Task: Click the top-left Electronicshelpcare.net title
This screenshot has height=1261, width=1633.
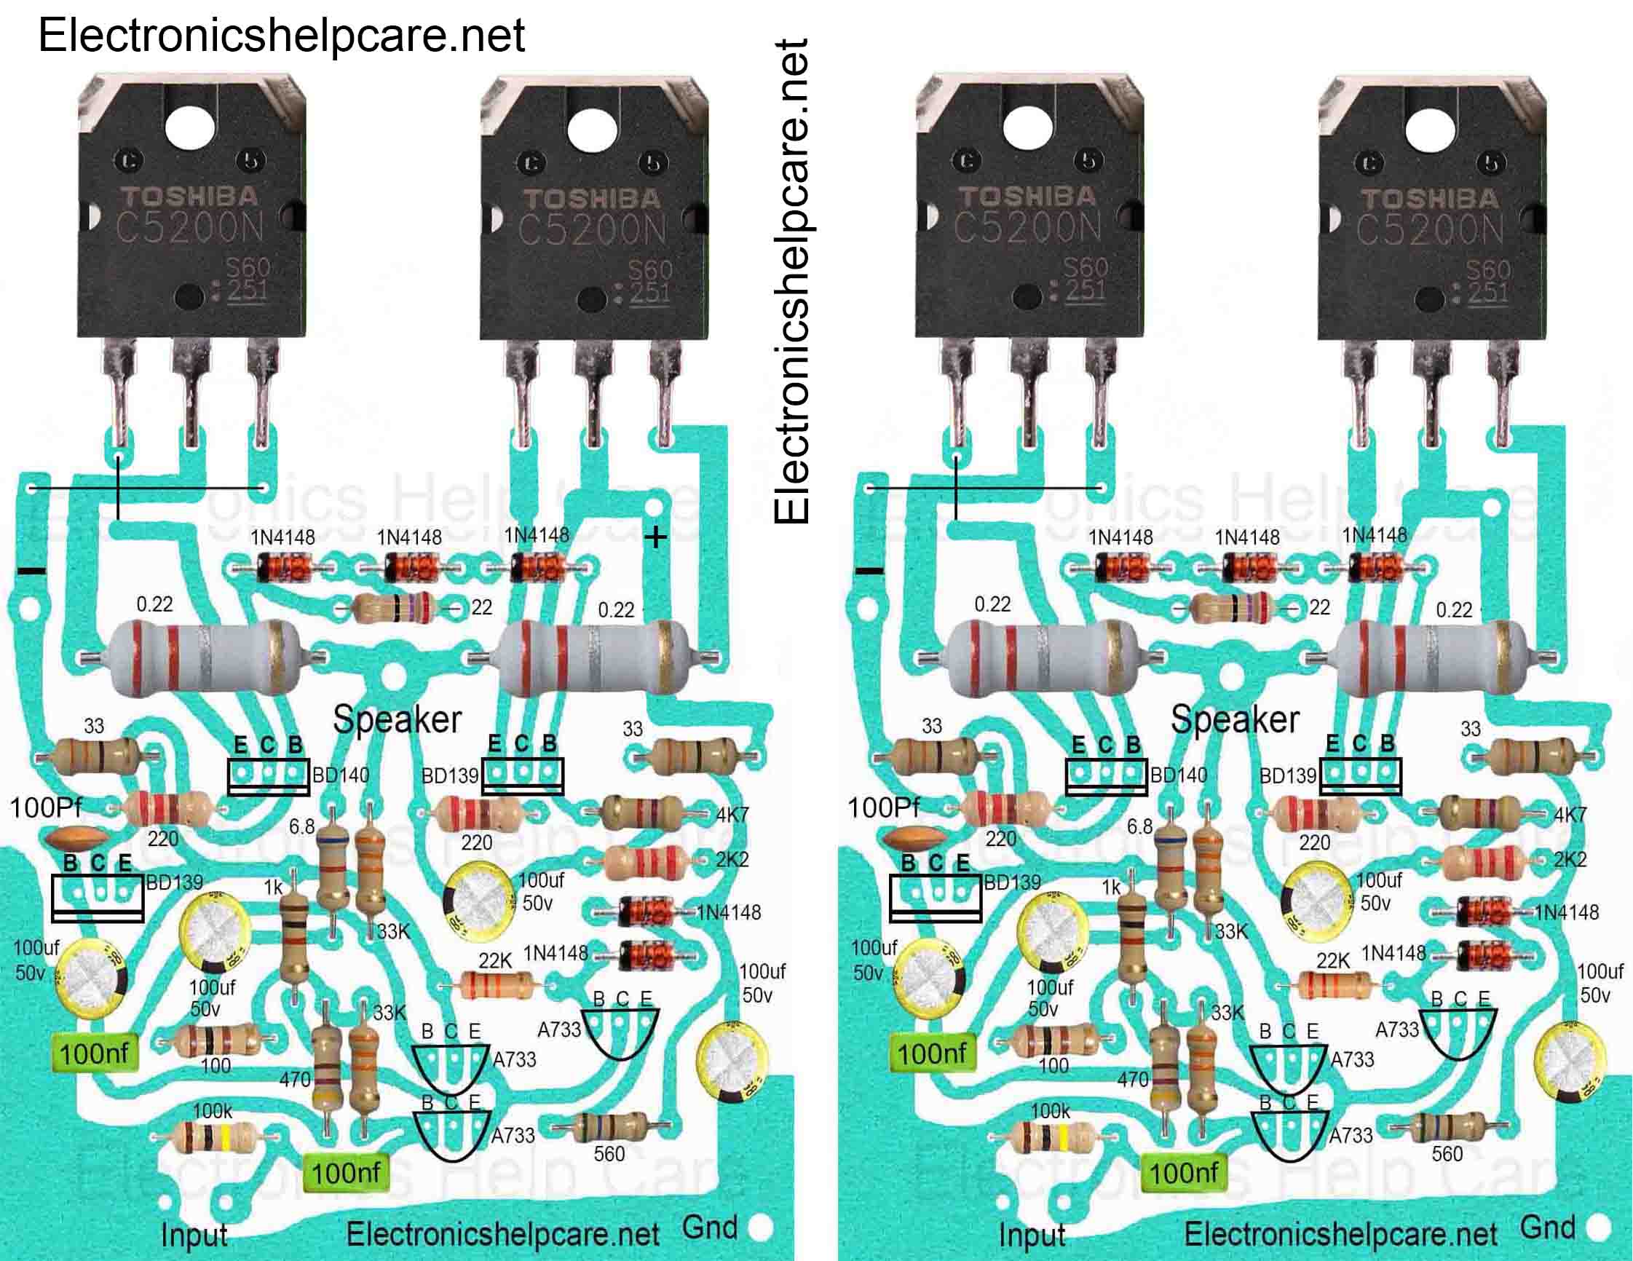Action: coord(281,35)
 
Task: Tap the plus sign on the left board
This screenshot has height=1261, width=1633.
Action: coord(656,537)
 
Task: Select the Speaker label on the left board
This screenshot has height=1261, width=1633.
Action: coord(397,719)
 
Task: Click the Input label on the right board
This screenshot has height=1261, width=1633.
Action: coord(1032,1235)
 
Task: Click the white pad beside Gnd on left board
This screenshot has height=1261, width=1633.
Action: coord(760,1228)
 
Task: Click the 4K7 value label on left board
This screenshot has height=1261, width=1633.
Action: coord(732,815)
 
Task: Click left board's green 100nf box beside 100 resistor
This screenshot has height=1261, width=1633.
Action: coord(94,1054)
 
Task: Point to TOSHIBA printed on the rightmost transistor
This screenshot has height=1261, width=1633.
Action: coord(1430,199)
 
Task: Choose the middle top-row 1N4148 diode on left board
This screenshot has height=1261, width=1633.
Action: coord(410,569)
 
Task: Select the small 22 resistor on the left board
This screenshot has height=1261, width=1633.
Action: coord(395,607)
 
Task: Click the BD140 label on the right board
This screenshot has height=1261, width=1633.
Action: coord(1179,775)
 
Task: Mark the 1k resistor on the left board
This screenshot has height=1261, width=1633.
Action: coord(295,938)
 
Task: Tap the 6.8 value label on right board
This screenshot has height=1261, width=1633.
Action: coord(1139,826)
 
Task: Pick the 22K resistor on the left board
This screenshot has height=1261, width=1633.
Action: coord(497,985)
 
